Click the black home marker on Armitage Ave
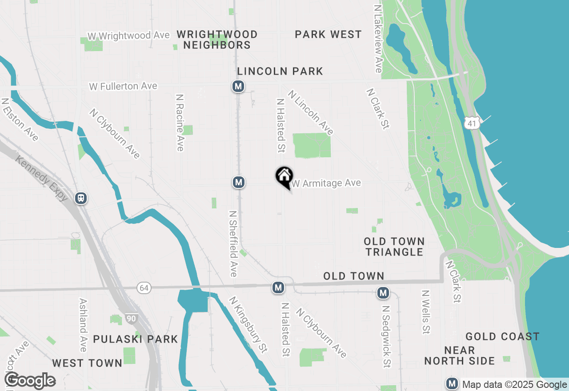click(284, 177)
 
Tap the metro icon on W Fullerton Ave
click(238, 86)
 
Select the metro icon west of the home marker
click(239, 182)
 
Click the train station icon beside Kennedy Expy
click(81, 198)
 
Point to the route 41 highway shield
click(472, 124)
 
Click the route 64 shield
click(144, 288)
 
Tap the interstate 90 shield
click(131, 318)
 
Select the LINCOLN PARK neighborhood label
click(280, 72)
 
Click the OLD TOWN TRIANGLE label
click(394, 247)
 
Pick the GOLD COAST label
click(502, 336)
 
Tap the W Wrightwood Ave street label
click(129, 36)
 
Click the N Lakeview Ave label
click(378, 39)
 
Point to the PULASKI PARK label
click(136, 339)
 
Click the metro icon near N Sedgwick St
click(383, 293)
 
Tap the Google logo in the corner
click(30, 380)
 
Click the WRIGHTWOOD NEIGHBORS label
click(217, 40)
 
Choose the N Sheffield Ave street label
click(233, 243)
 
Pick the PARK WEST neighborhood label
click(328, 35)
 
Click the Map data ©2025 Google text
click(514, 385)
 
